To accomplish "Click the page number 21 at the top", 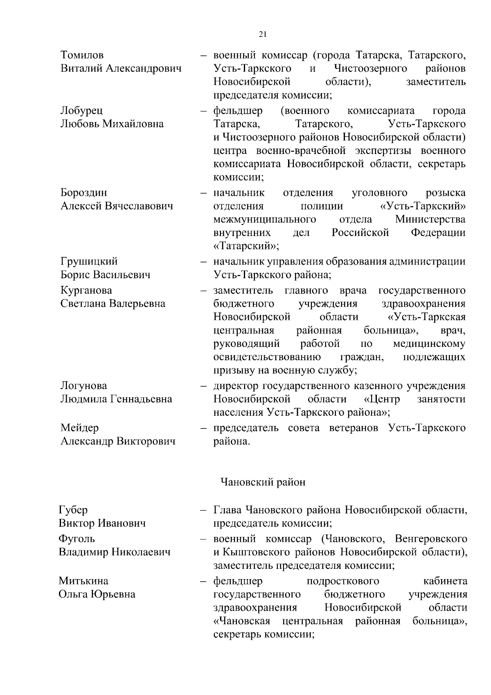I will [x=263, y=34].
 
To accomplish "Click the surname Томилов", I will [x=82, y=55].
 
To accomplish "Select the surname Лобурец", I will [x=81, y=111].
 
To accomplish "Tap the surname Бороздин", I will [x=83, y=192].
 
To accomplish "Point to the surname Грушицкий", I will [x=89, y=261].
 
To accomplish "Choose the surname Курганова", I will [x=86, y=290].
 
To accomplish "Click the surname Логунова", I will [x=83, y=386].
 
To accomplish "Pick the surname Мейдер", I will [x=79, y=428].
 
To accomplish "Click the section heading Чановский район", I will [x=263, y=482].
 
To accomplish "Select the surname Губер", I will [x=73, y=510].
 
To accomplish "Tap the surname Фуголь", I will [x=77, y=539].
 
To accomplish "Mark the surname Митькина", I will [x=83, y=581].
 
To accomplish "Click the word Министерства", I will [x=430, y=220].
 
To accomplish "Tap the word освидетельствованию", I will [x=267, y=357].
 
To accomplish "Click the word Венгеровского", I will [x=431, y=539].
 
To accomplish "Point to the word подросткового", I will [x=342, y=581].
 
